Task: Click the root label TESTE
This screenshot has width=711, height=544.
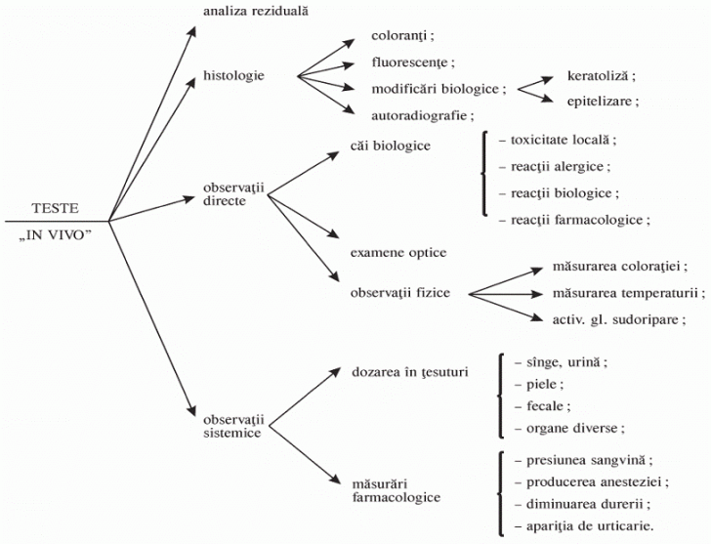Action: coord(55,209)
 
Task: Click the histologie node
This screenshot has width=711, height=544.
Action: coord(233,75)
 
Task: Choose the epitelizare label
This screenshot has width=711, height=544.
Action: coord(604,101)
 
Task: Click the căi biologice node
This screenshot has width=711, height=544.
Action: coord(390,146)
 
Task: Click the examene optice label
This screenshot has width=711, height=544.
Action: coord(398,253)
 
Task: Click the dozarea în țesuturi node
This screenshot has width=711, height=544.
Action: coord(409,372)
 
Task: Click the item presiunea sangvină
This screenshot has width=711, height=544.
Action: coord(575,459)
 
